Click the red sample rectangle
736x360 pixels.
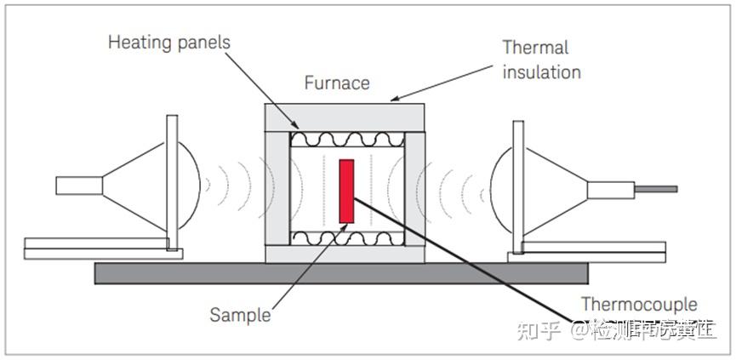346,191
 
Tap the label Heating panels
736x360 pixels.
168,42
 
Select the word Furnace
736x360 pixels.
337,83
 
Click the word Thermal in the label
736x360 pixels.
535,48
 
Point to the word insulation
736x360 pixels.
541,71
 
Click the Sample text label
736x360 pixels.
240,314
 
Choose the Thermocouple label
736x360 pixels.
638,304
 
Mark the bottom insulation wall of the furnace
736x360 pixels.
344,254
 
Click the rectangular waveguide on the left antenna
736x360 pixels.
79,185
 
